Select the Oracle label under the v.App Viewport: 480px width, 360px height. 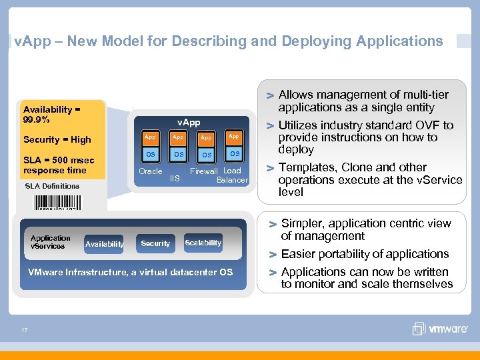pos(151,171)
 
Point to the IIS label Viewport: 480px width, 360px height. pos(175,179)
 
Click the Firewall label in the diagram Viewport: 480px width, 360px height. pos(205,171)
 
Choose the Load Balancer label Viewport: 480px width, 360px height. pos(233,175)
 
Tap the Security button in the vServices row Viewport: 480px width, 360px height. pos(155,244)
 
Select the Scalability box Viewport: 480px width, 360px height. pos(203,243)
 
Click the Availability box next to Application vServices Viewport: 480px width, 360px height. pos(105,245)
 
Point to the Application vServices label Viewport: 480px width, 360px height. pos(50,242)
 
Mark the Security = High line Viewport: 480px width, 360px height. pos(57,139)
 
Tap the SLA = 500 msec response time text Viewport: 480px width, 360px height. pos(59,165)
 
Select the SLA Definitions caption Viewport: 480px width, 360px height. pos(52,186)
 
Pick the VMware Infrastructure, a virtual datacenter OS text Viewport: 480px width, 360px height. pos(130,272)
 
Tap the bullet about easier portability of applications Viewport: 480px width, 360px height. pos(365,254)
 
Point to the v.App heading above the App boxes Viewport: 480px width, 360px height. pos(189,123)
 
